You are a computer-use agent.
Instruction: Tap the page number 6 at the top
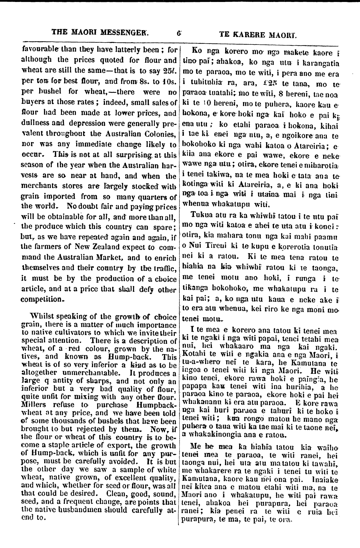pos(179,33)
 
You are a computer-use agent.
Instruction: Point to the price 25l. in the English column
pos(169,70)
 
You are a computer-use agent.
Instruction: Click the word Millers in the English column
pos(31,405)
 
